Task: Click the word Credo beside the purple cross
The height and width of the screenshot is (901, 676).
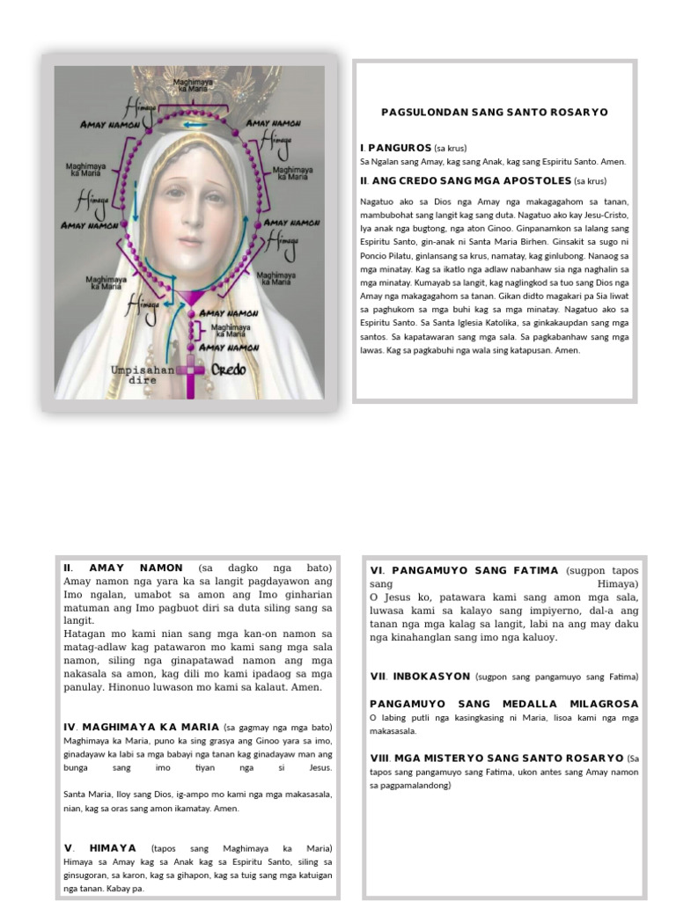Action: [x=226, y=370]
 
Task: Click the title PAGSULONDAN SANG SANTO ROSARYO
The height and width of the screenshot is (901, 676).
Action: [x=494, y=113]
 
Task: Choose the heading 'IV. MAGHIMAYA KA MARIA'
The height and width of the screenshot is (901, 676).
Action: [x=142, y=727]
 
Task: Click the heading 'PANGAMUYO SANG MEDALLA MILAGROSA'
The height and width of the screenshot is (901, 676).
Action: [x=503, y=704]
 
